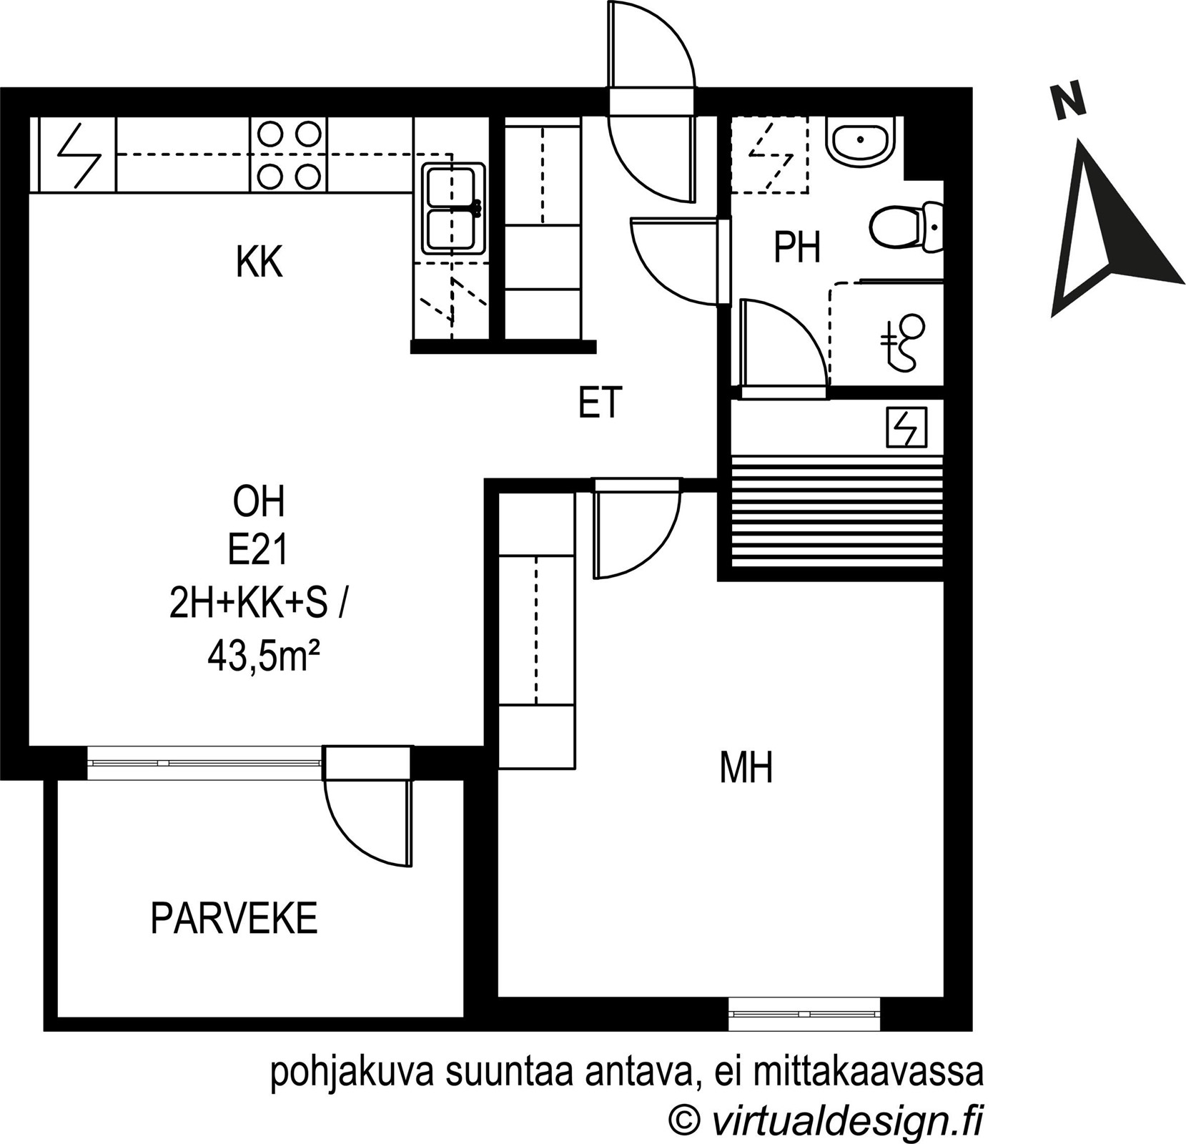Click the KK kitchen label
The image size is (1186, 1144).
click(260, 262)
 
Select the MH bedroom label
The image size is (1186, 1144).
click(746, 769)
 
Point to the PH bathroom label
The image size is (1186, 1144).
click(797, 247)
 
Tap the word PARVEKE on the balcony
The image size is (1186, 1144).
click(234, 919)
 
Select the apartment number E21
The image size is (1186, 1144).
click(258, 551)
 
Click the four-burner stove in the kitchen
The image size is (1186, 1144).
click(289, 155)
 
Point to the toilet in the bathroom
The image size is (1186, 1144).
click(907, 227)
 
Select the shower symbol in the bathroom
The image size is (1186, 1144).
click(902, 342)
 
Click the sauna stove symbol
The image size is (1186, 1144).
click(906, 427)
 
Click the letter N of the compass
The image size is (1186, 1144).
click(1068, 101)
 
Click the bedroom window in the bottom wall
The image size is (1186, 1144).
click(804, 1014)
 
